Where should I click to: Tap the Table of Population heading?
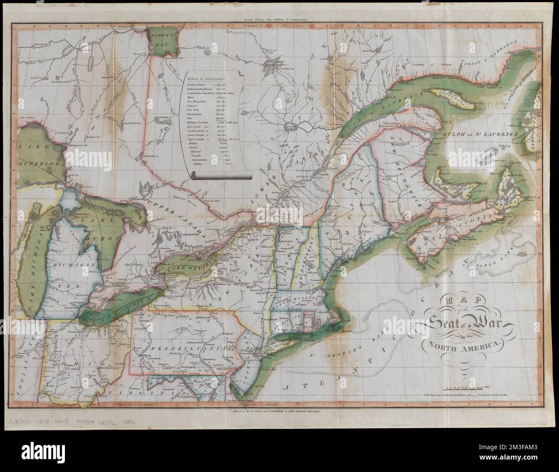tap(208, 79)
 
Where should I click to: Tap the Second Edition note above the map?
tap(279, 20)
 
